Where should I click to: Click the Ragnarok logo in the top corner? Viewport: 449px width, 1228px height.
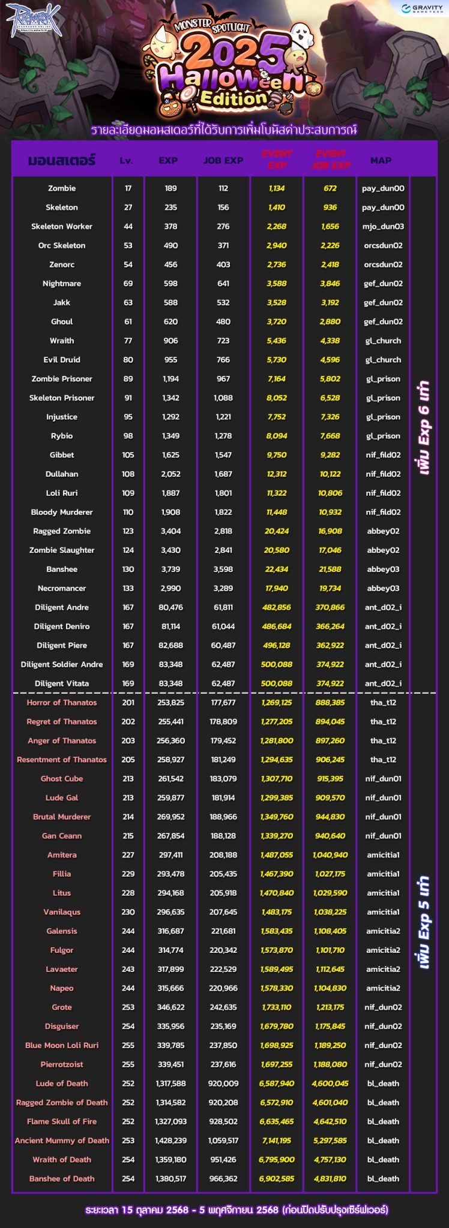[34, 20]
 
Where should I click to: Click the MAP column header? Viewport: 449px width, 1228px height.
[381, 160]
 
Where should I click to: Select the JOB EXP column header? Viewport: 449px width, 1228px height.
[223, 160]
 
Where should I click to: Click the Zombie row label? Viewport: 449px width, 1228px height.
[62, 188]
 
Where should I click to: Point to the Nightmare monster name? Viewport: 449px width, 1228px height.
[62, 284]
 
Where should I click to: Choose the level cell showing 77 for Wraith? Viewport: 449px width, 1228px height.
[128, 341]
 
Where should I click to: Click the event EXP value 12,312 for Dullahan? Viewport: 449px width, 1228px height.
[277, 474]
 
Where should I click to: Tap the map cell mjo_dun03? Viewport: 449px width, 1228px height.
[384, 227]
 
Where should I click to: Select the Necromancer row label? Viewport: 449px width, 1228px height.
[62, 588]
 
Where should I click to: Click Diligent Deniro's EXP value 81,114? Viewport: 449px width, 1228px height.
[170, 626]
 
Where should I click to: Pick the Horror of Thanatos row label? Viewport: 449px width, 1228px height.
[62, 702]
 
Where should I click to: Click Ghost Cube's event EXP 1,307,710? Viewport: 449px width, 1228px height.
[277, 778]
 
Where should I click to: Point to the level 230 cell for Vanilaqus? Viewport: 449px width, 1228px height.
[128, 911]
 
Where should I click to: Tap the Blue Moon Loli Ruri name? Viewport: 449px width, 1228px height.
[62, 1045]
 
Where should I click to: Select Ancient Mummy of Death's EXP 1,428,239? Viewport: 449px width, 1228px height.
[170, 1140]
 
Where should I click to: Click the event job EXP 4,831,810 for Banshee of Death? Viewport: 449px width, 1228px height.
[330, 1178]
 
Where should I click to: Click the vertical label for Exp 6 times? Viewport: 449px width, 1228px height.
[424, 427]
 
